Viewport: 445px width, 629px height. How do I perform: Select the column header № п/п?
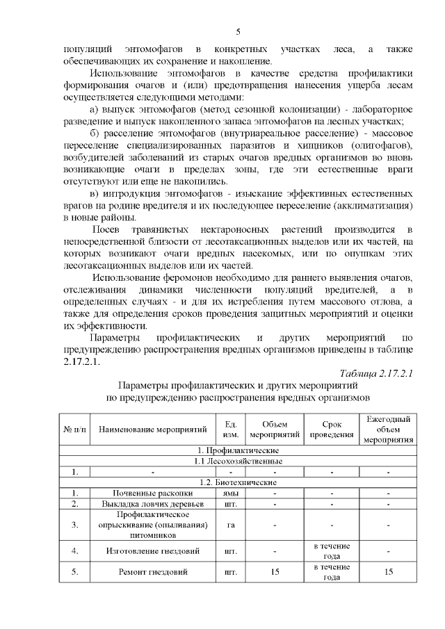click(x=74, y=430)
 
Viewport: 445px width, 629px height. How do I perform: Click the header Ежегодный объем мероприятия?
click(x=388, y=430)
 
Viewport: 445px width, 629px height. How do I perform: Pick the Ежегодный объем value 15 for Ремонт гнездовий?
click(x=388, y=572)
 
